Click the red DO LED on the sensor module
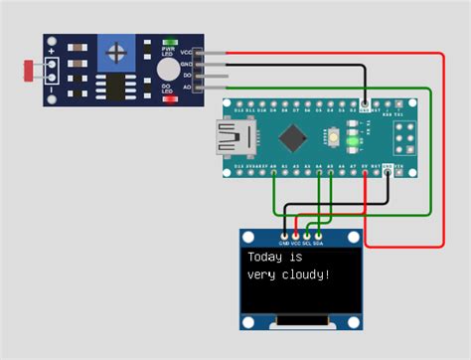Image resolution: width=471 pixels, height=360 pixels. [x=170, y=98]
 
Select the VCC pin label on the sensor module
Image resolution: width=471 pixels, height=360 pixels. [x=186, y=53]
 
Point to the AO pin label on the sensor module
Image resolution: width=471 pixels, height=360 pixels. [x=186, y=88]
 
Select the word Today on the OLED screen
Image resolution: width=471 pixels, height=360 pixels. [x=266, y=258]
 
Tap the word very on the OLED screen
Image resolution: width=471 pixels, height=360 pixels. [x=262, y=273]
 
